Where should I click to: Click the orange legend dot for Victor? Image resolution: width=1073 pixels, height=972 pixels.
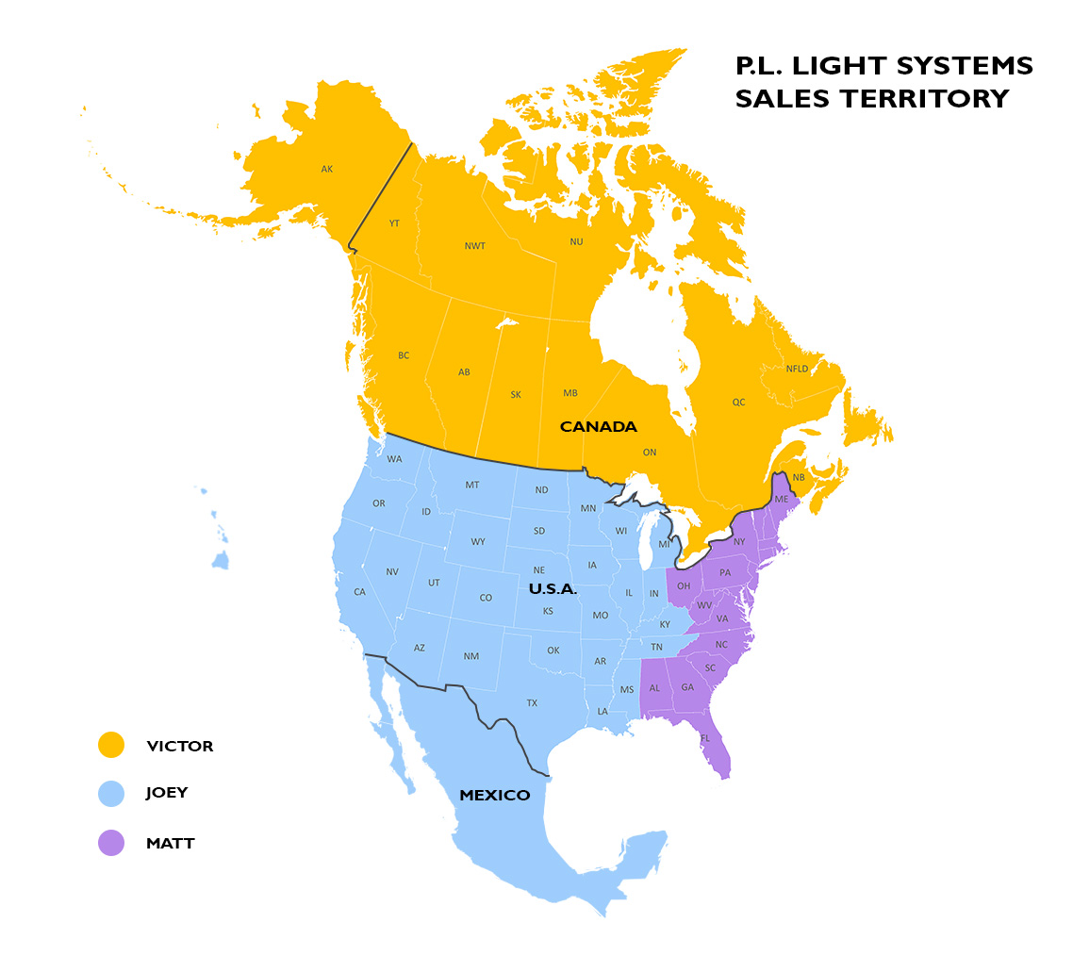coord(111,745)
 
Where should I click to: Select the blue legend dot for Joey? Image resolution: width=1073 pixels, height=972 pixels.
coord(111,793)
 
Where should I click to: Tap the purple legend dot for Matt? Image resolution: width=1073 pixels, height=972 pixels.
coord(111,843)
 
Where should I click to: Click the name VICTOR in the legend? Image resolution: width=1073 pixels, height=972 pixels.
coord(180,746)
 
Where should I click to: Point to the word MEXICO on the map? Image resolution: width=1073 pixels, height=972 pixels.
coord(494,796)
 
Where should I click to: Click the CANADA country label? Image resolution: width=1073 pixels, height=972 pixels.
coord(599,427)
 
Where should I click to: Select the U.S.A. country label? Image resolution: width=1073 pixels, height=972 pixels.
coord(553,588)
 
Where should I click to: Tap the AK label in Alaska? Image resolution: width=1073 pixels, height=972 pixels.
coord(327,170)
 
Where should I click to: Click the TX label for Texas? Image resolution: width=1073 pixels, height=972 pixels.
coord(532,703)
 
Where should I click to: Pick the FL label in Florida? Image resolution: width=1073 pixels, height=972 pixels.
coord(705,738)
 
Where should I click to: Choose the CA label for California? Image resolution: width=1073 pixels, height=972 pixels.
coord(359,592)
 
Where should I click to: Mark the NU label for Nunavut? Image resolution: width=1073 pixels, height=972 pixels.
coord(576,242)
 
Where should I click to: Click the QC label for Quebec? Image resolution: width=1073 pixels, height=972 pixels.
coord(738,402)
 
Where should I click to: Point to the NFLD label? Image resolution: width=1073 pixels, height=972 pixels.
coord(797,369)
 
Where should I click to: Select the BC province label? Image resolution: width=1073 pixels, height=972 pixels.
coord(404,355)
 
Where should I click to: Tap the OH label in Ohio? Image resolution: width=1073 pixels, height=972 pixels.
coord(684,586)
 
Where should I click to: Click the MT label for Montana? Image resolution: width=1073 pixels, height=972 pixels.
coord(472,486)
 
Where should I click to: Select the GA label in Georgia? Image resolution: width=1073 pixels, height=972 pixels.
coord(687,687)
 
